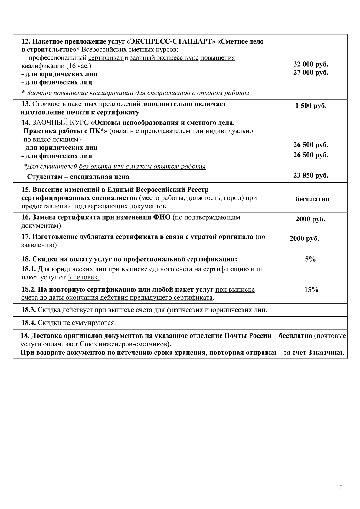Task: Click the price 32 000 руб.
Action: (x=311, y=64)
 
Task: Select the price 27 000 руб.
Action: (x=311, y=73)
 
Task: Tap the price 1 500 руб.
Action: (x=311, y=106)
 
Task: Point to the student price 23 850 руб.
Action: (x=311, y=175)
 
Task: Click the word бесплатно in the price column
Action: (x=312, y=199)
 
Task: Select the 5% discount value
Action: (x=310, y=259)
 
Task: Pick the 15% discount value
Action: (x=311, y=290)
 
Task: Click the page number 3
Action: (x=342, y=487)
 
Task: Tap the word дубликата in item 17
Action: (x=101, y=237)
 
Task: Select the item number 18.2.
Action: (x=29, y=290)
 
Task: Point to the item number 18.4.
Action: (x=29, y=323)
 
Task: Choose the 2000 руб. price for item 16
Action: (x=310, y=219)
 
